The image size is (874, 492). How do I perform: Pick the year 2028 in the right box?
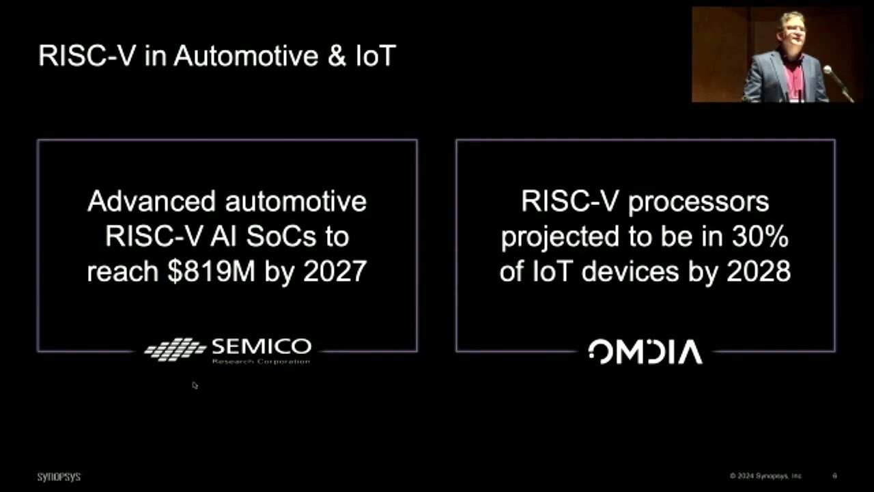(x=758, y=271)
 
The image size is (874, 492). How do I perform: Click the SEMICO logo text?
(x=262, y=346)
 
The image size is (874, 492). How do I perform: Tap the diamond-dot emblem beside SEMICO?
(x=175, y=349)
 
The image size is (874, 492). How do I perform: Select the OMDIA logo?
(x=645, y=352)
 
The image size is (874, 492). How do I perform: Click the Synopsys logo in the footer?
(x=59, y=476)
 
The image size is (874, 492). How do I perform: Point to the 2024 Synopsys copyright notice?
(x=765, y=476)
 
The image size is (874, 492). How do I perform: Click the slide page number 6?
(x=834, y=476)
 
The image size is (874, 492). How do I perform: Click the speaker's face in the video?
(x=793, y=31)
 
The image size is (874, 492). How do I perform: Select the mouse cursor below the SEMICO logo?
(x=195, y=385)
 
